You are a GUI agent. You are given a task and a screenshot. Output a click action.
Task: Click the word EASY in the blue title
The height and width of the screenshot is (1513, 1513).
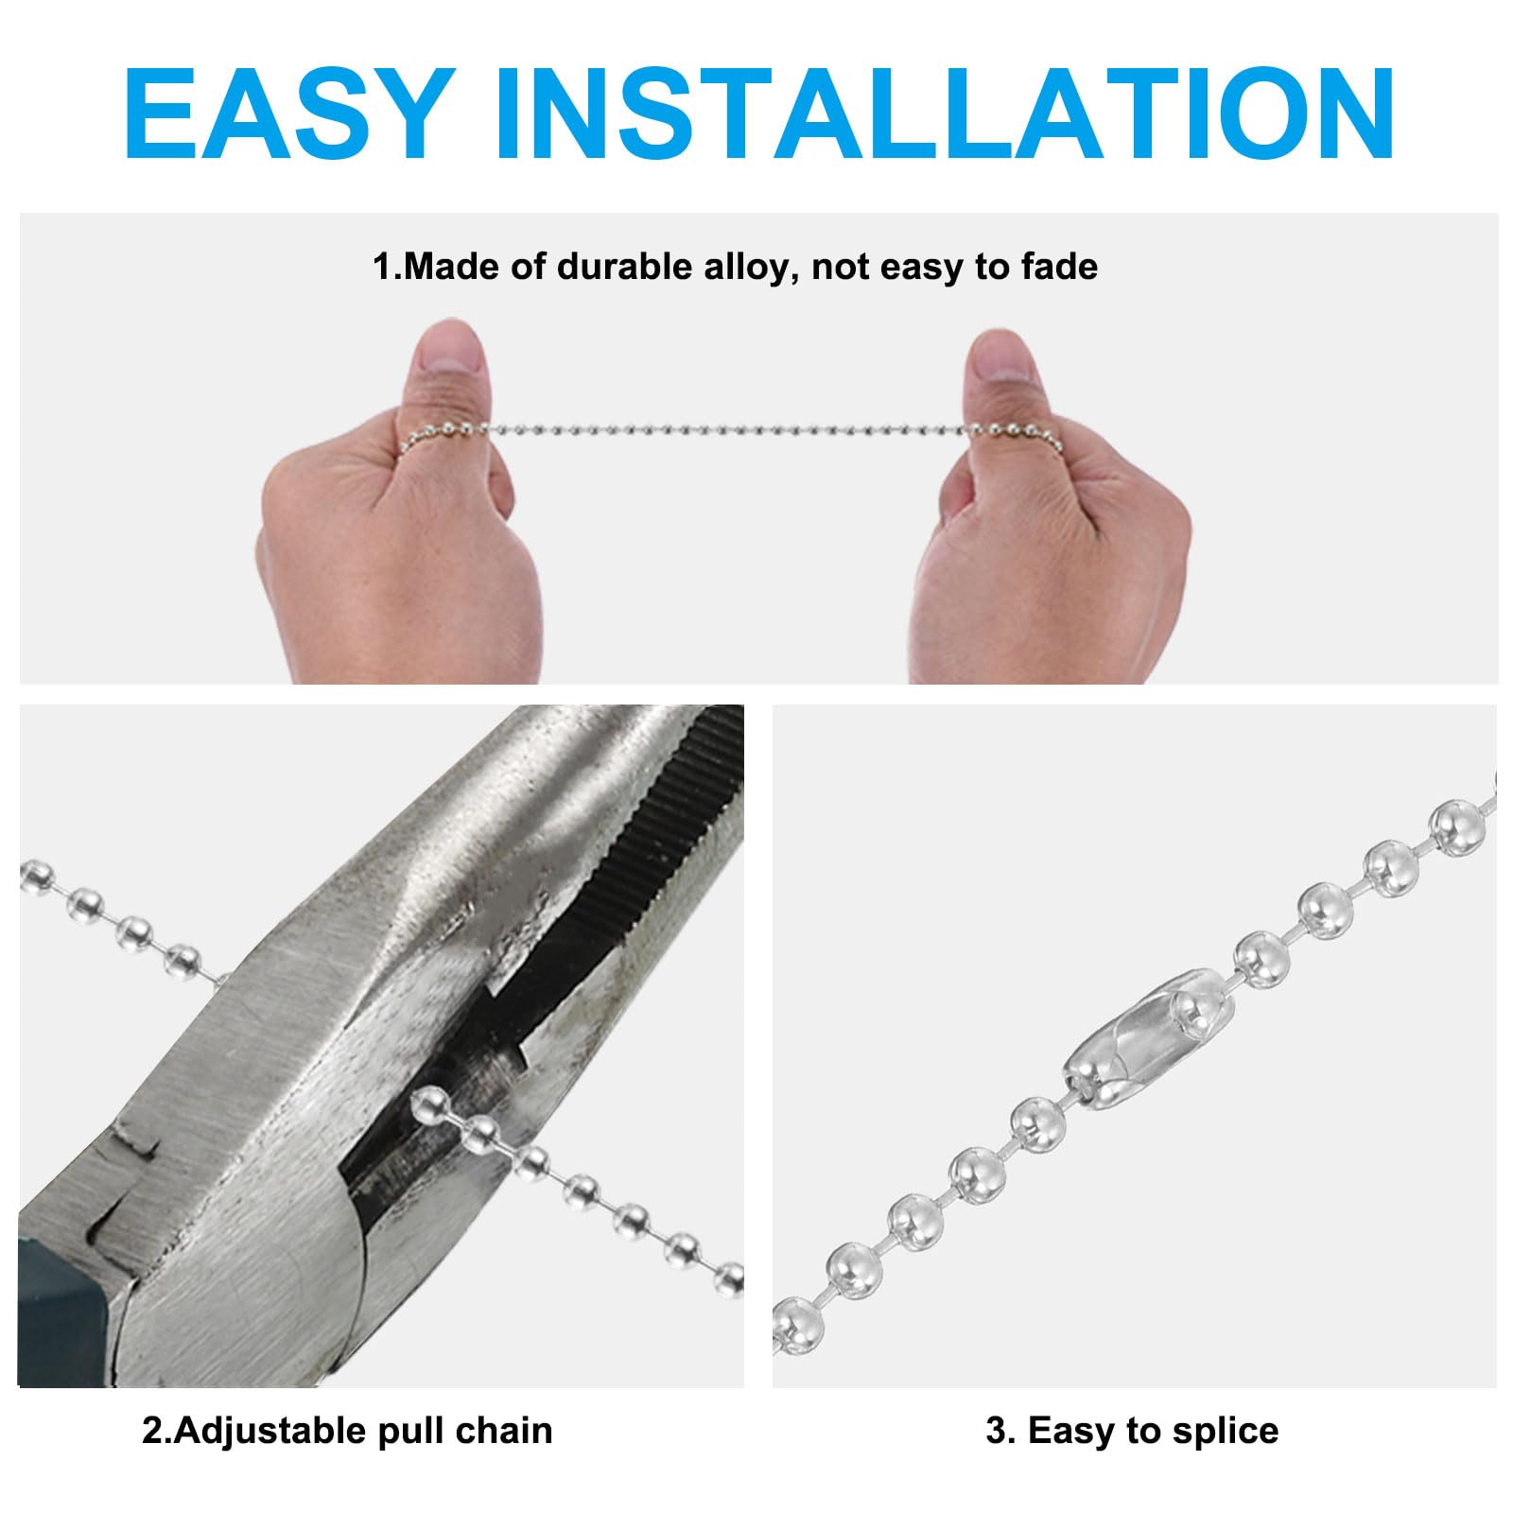pos(286,114)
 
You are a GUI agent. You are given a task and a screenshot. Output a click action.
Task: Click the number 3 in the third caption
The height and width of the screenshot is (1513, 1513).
pos(996,1432)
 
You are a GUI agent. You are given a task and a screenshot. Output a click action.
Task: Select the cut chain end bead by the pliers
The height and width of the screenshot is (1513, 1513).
pos(430,1102)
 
